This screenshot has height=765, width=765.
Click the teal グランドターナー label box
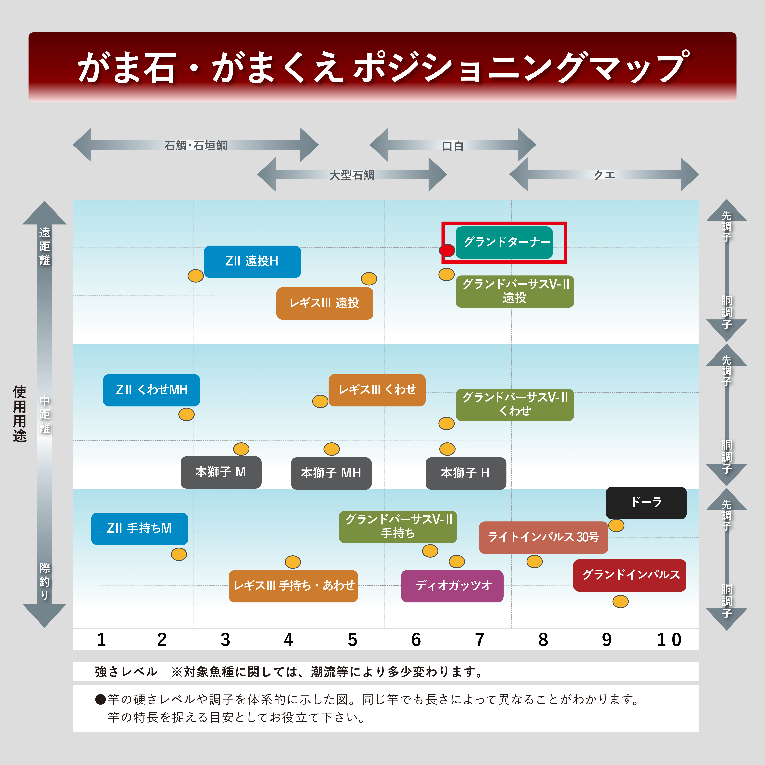coord(504,242)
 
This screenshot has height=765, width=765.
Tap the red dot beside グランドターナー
coord(447,250)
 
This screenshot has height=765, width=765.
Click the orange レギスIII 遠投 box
coord(325,303)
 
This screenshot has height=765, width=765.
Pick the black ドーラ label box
coord(646,503)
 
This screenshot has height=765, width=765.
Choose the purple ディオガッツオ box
coord(452,586)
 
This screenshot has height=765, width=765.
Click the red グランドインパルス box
coord(630,575)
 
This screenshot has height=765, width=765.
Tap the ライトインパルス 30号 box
coord(543,537)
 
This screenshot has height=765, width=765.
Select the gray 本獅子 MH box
coord(331,473)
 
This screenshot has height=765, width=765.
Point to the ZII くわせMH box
coord(151,390)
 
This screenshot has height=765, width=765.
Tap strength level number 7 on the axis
coord(480,640)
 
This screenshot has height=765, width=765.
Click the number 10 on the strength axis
coord(669,640)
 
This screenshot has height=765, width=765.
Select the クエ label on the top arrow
coord(604,175)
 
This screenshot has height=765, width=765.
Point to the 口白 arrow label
coord(453,146)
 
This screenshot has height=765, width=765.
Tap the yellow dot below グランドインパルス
coord(620,601)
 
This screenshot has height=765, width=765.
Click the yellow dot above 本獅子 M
coord(241,449)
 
